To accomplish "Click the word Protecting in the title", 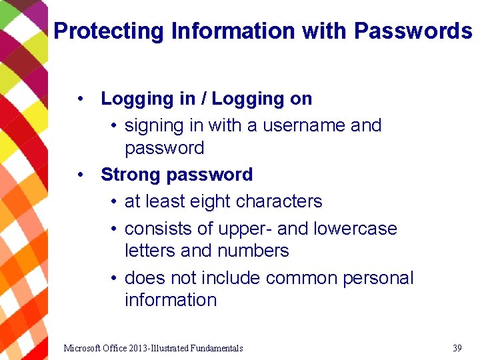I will (x=109, y=31).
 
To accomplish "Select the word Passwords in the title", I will (x=413, y=31).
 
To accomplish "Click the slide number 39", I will (x=457, y=348).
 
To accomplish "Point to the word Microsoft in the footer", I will (x=83, y=348).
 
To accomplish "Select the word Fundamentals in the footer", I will (x=217, y=348).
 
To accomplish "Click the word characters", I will (x=279, y=201).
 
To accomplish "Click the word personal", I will (x=378, y=278).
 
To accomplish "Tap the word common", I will (x=302, y=278).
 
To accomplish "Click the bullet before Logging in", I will (x=80, y=99).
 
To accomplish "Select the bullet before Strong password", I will (x=80, y=175).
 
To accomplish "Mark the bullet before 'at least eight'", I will (x=115, y=201).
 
